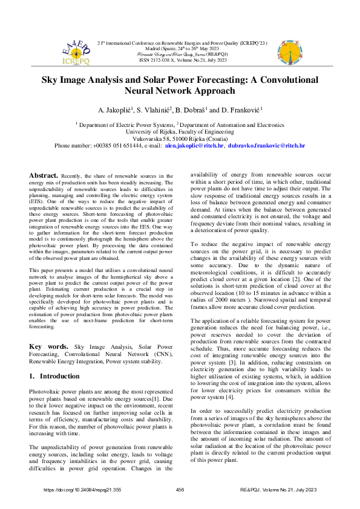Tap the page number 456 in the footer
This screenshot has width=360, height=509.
point(180,490)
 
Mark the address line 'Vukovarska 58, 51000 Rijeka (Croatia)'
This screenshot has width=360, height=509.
point(180,138)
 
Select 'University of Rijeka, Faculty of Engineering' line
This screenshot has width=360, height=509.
point(180,130)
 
